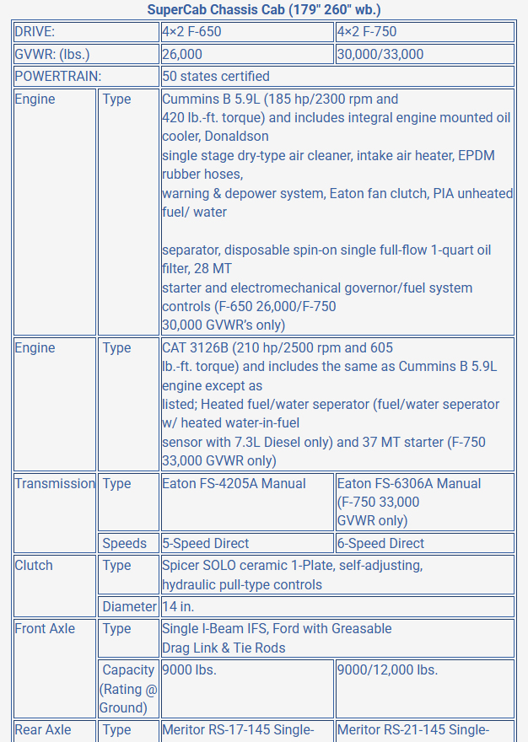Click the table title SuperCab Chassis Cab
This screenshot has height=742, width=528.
click(x=264, y=10)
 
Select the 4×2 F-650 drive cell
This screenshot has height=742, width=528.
click(x=247, y=32)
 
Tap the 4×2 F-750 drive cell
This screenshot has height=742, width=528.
click(x=424, y=32)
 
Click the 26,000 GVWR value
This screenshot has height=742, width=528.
click(x=247, y=54)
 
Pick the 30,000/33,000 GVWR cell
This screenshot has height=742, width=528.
click(x=424, y=54)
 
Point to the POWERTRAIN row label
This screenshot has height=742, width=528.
click(x=87, y=76)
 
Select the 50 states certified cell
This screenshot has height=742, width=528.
click(x=337, y=76)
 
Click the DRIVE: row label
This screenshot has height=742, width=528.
click(x=87, y=32)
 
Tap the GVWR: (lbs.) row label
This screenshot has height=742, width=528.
click(x=87, y=54)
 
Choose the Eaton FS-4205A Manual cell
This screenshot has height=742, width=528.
click(x=247, y=484)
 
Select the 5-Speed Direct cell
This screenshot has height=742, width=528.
click(x=247, y=543)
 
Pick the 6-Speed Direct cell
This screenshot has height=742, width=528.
click(x=424, y=543)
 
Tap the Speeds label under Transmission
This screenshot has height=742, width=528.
click(x=128, y=543)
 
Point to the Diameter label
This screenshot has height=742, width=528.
click(x=128, y=606)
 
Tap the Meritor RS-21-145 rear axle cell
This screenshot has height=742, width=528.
click(x=424, y=730)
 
